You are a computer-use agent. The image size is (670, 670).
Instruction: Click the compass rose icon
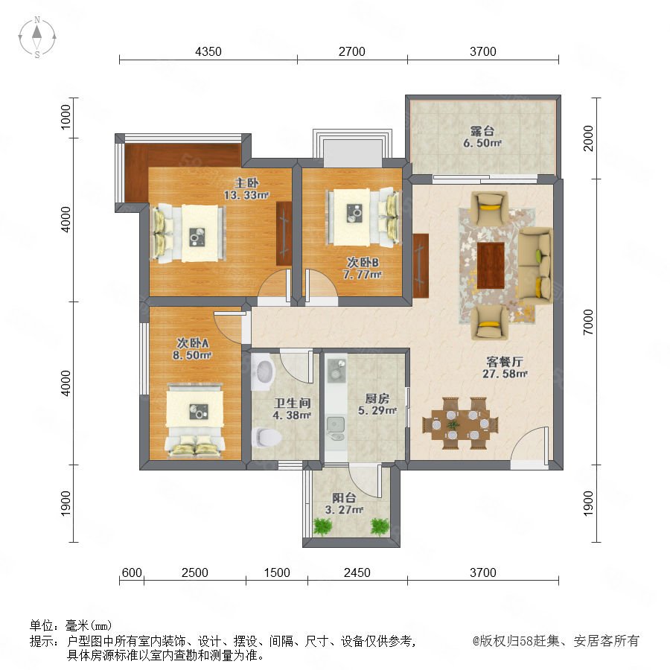click(37, 37)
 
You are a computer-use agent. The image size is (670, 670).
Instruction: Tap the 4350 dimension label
click(208, 51)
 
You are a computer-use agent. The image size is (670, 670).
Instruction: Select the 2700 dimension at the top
click(351, 51)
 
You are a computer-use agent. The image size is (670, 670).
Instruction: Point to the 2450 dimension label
click(357, 572)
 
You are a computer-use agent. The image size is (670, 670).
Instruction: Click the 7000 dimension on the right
click(588, 322)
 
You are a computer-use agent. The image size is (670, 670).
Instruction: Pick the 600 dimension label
click(132, 572)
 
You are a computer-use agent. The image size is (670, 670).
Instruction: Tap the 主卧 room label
click(246, 183)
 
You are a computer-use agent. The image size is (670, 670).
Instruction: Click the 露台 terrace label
click(482, 131)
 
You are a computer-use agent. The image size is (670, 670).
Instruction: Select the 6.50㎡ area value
click(482, 143)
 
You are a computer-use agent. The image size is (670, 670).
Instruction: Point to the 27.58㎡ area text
click(505, 374)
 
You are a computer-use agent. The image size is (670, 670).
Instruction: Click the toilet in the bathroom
click(267, 437)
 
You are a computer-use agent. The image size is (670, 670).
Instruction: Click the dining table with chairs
click(461, 423)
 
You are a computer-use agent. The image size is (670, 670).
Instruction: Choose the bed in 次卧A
click(195, 420)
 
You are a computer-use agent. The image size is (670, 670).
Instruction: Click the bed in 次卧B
click(363, 217)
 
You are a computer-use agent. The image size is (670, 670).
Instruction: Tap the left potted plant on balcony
click(322, 527)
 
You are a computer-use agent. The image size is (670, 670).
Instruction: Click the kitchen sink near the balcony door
click(336, 428)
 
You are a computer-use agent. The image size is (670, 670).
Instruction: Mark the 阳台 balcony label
click(344, 498)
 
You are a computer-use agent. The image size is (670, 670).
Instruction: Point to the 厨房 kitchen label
click(377, 399)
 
